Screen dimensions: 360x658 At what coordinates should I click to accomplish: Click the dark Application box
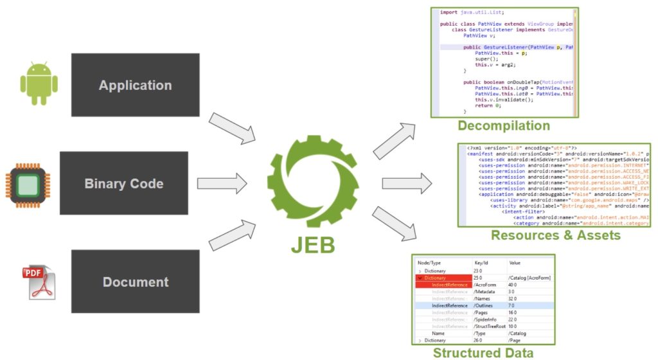(135, 85)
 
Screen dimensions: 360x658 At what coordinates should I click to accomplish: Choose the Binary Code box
(124, 183)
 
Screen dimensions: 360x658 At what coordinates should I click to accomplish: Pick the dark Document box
(135, 282)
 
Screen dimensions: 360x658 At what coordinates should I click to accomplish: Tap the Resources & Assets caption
(556, 235)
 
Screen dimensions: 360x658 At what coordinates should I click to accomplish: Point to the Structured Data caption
(483, 352)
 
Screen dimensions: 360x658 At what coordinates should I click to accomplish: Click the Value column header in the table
(515, 263)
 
